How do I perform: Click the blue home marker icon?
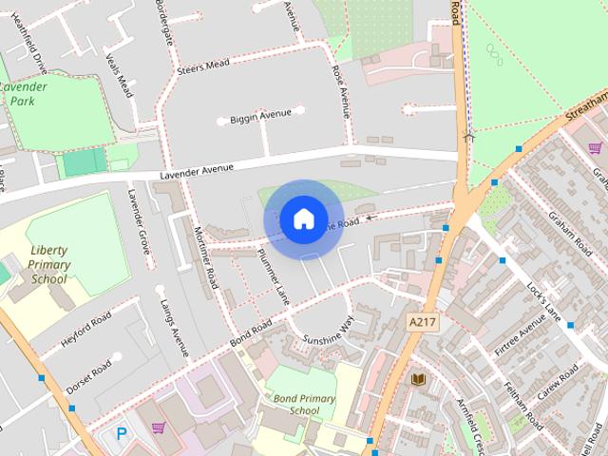[x=303, y=219]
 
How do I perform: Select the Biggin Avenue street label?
[x=260, y=116]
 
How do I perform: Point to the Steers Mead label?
[x=202, y=66]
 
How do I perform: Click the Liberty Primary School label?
[x=49, y=265]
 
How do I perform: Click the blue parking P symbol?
[x=122, y=433]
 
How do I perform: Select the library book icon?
[x=417, y=379]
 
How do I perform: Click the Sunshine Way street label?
[x=327, y=332]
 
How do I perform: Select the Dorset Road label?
[x=88, y=377]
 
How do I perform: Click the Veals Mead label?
[x=120, y=73]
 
